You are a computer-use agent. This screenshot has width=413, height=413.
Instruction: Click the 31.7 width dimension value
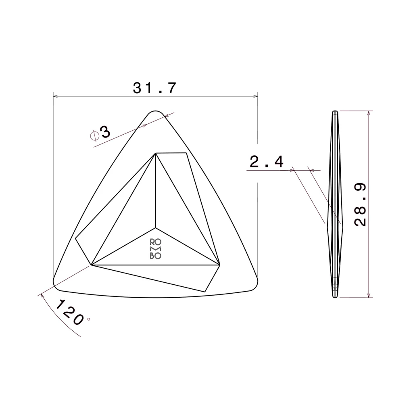(x=155, y=88)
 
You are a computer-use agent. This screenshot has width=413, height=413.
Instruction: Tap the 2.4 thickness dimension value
(x=267, y=162)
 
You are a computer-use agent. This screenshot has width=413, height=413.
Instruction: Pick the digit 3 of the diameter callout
(x=105, y=132)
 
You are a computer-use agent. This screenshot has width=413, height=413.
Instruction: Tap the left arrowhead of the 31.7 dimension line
(x=56, y=96)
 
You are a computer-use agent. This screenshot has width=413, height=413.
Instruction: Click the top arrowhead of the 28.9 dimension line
(x=368, y=113)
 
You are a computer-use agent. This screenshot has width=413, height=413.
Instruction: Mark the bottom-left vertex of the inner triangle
(x=92, y=265)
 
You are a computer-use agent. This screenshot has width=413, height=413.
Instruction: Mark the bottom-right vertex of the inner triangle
(x=220, y=265)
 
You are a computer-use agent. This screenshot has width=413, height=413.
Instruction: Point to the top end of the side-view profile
(x=334, y=112)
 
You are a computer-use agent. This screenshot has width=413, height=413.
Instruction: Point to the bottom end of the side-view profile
(x=334, y=297)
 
